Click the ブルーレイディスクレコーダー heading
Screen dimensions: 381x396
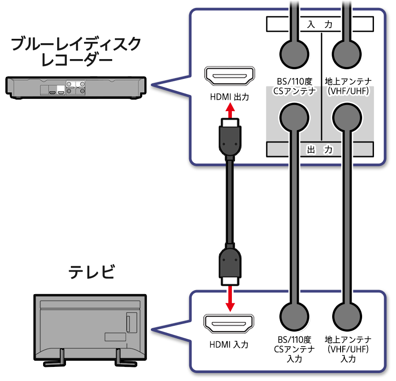click(75, 51)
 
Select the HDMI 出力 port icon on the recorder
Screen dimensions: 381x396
click(229, 77)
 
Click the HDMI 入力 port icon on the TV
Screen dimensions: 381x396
click(229, 325)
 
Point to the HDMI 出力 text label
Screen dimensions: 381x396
click(229, 97)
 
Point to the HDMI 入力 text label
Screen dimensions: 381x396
click(229, 344)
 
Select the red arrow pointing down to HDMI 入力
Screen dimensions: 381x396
click(229, 298)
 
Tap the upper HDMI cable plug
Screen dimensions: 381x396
click(229, 138)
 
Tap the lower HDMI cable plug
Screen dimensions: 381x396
click(229, 265)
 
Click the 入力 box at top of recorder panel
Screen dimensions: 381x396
click(319, 25)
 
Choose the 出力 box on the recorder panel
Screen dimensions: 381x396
click(319, 149)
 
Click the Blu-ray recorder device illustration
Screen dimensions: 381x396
click(75, 87)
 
